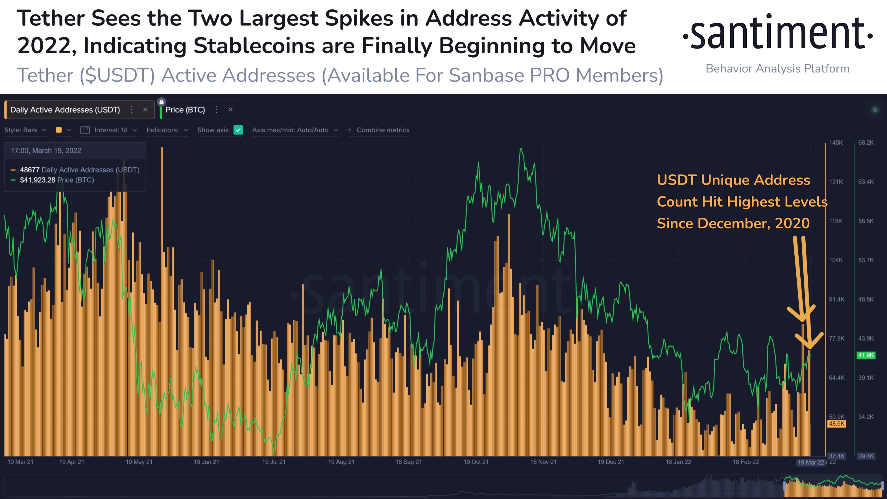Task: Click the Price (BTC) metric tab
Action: pos(185,110)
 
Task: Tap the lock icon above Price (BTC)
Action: pos(162,102)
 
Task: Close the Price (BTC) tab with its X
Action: pos(231,110)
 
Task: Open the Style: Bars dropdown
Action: pos(25,130)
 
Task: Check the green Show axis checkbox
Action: pos(238,130)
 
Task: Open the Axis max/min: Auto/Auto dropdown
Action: pos(295,130)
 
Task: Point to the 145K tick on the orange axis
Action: pos(836,143)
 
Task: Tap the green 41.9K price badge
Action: pos(866,355)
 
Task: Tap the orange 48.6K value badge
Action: pos(836,424)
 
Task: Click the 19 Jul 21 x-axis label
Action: pos(274,462)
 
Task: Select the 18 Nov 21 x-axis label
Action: pos(543,462)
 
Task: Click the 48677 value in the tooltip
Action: pos(30,170)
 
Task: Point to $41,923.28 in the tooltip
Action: pos(38,180)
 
